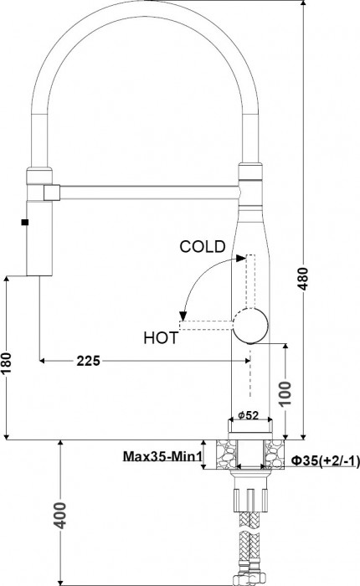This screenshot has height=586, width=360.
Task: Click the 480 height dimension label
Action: tap(304, 279)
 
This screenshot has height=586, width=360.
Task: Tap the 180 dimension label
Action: tap(7, 362)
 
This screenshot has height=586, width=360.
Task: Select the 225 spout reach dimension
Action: tap(89, 361)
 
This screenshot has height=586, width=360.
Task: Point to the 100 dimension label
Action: tap(285, 393)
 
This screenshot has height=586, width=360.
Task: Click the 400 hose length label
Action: tap(59, 516)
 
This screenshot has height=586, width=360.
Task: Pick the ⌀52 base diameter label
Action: tap(248, 415)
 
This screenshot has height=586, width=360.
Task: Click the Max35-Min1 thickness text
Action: tap(162, 456)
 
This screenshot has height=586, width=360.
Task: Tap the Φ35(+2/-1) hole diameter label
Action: tap(325, 460)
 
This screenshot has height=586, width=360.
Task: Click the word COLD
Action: tap(203, 247)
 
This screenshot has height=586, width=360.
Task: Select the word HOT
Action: tap(161, 338)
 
